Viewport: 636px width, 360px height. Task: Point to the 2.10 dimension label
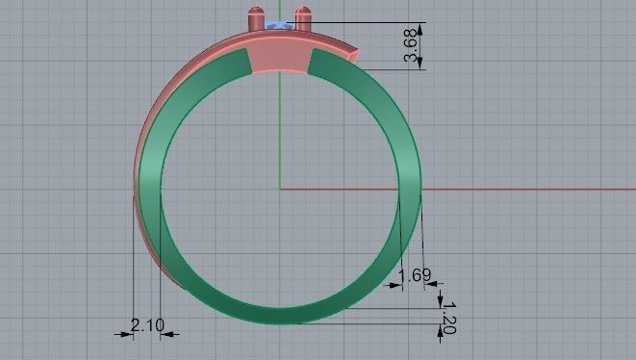[x=146, y=325]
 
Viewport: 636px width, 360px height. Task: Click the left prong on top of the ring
[x=255, y=18]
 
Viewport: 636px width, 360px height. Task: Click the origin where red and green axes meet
[x=279, y=189]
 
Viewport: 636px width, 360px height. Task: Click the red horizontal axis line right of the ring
[x=529, y=189]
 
